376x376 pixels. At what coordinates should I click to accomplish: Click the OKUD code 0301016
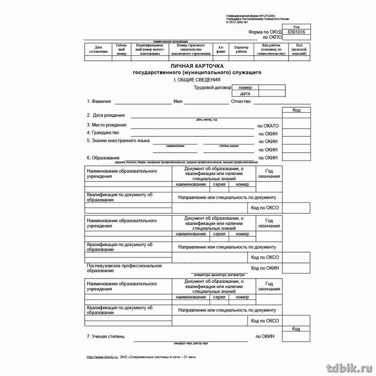pyautogui.click(x=296, y=31)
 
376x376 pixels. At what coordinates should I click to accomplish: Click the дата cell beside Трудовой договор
pyautogui.click(x=245, y=94)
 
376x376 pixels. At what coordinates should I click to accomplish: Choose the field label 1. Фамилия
pyautogui.click(x=99, y=102)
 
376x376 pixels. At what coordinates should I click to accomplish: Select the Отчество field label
pyautogui.click(x=241, y=102)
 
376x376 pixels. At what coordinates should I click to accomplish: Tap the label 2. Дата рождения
pyautogui.click(x=106, y=116)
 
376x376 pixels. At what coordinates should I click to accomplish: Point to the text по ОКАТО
pyautogui.click(x=268, y=126)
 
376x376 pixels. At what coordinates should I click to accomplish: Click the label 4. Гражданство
pyautogui.click(x=103, y=133)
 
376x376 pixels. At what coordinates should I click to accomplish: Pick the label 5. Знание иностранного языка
pyautogui.click(x=118, y=141)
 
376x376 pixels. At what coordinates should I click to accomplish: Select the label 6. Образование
pyautogui.click(x=103, y=158)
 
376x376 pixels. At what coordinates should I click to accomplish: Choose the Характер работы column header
pyautogui.click(x=241, y=49)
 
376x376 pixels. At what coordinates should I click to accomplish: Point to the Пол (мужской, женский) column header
pyautogui.click(x=299, y=49)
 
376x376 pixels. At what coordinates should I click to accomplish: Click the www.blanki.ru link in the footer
pyautogui.click(x=101, y=357)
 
